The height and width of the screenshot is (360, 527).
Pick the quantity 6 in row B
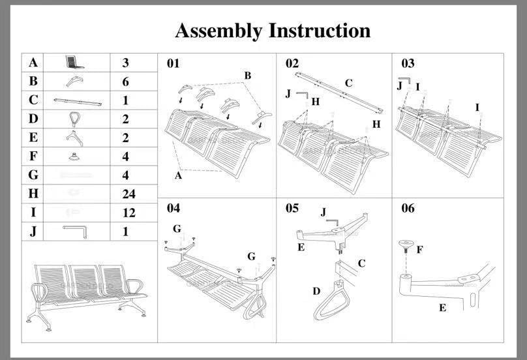(x=125, y=82)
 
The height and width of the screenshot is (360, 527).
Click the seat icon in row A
(x=76, y=63)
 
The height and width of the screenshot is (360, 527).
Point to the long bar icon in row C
(x=78, y=102)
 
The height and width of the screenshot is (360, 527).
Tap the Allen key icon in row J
(x=78, y=230)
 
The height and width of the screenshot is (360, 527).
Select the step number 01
(x=173, y=64)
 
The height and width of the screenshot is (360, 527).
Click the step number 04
(x=173, y=209)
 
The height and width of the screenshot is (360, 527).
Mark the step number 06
(x=408, y=209)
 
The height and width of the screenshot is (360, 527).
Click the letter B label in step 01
(x=248, y=76)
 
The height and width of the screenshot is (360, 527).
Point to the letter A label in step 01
(x=178, y=175)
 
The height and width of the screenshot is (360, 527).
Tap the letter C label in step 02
(x=348, y=83)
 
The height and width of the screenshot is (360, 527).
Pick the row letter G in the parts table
(x=33, y=175)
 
